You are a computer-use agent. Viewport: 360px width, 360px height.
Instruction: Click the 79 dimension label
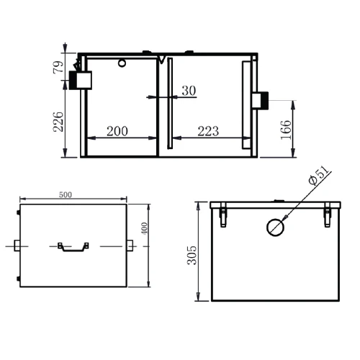(58, 67)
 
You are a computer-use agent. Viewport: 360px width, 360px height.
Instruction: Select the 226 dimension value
(58, 122)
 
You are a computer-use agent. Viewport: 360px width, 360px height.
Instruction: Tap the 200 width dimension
(117, 131)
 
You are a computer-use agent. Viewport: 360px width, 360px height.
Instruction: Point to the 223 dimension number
(208, 131)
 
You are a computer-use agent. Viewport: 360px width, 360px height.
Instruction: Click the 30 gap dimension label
(189, 91)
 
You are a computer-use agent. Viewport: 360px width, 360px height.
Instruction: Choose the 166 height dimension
(286, 130)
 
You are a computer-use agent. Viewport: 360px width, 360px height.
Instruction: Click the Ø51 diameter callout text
(318, 176)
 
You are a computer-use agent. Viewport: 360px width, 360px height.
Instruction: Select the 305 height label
(192, 255)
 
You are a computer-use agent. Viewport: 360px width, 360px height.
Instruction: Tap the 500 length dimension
(66, 194)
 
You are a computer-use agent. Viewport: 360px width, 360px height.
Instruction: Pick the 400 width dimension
(144, 228)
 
